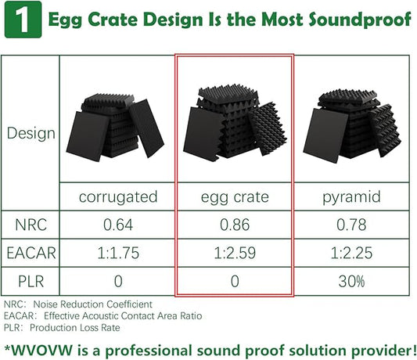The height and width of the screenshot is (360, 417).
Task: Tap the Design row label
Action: point(31,132)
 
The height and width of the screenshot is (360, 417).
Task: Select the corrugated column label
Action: point(118,196)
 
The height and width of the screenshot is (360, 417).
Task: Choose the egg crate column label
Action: point(234,196)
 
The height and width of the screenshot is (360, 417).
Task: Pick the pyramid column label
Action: point(352,196)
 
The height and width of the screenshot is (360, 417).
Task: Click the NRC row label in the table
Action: point(31,225)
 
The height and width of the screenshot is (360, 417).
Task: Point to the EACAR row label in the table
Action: point(31,253)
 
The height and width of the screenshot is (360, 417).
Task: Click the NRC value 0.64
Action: point(118,225)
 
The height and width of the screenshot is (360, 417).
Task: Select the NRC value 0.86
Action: point(234,225)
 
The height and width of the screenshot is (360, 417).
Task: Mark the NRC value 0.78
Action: point(352,225)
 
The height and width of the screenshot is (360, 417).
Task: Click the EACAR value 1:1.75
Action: point(118,253)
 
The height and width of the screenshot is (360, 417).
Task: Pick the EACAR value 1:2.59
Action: point(234,253)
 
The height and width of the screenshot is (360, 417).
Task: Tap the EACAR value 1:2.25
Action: point(352,253)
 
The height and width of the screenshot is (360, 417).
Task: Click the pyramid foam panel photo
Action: point(352,125)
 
